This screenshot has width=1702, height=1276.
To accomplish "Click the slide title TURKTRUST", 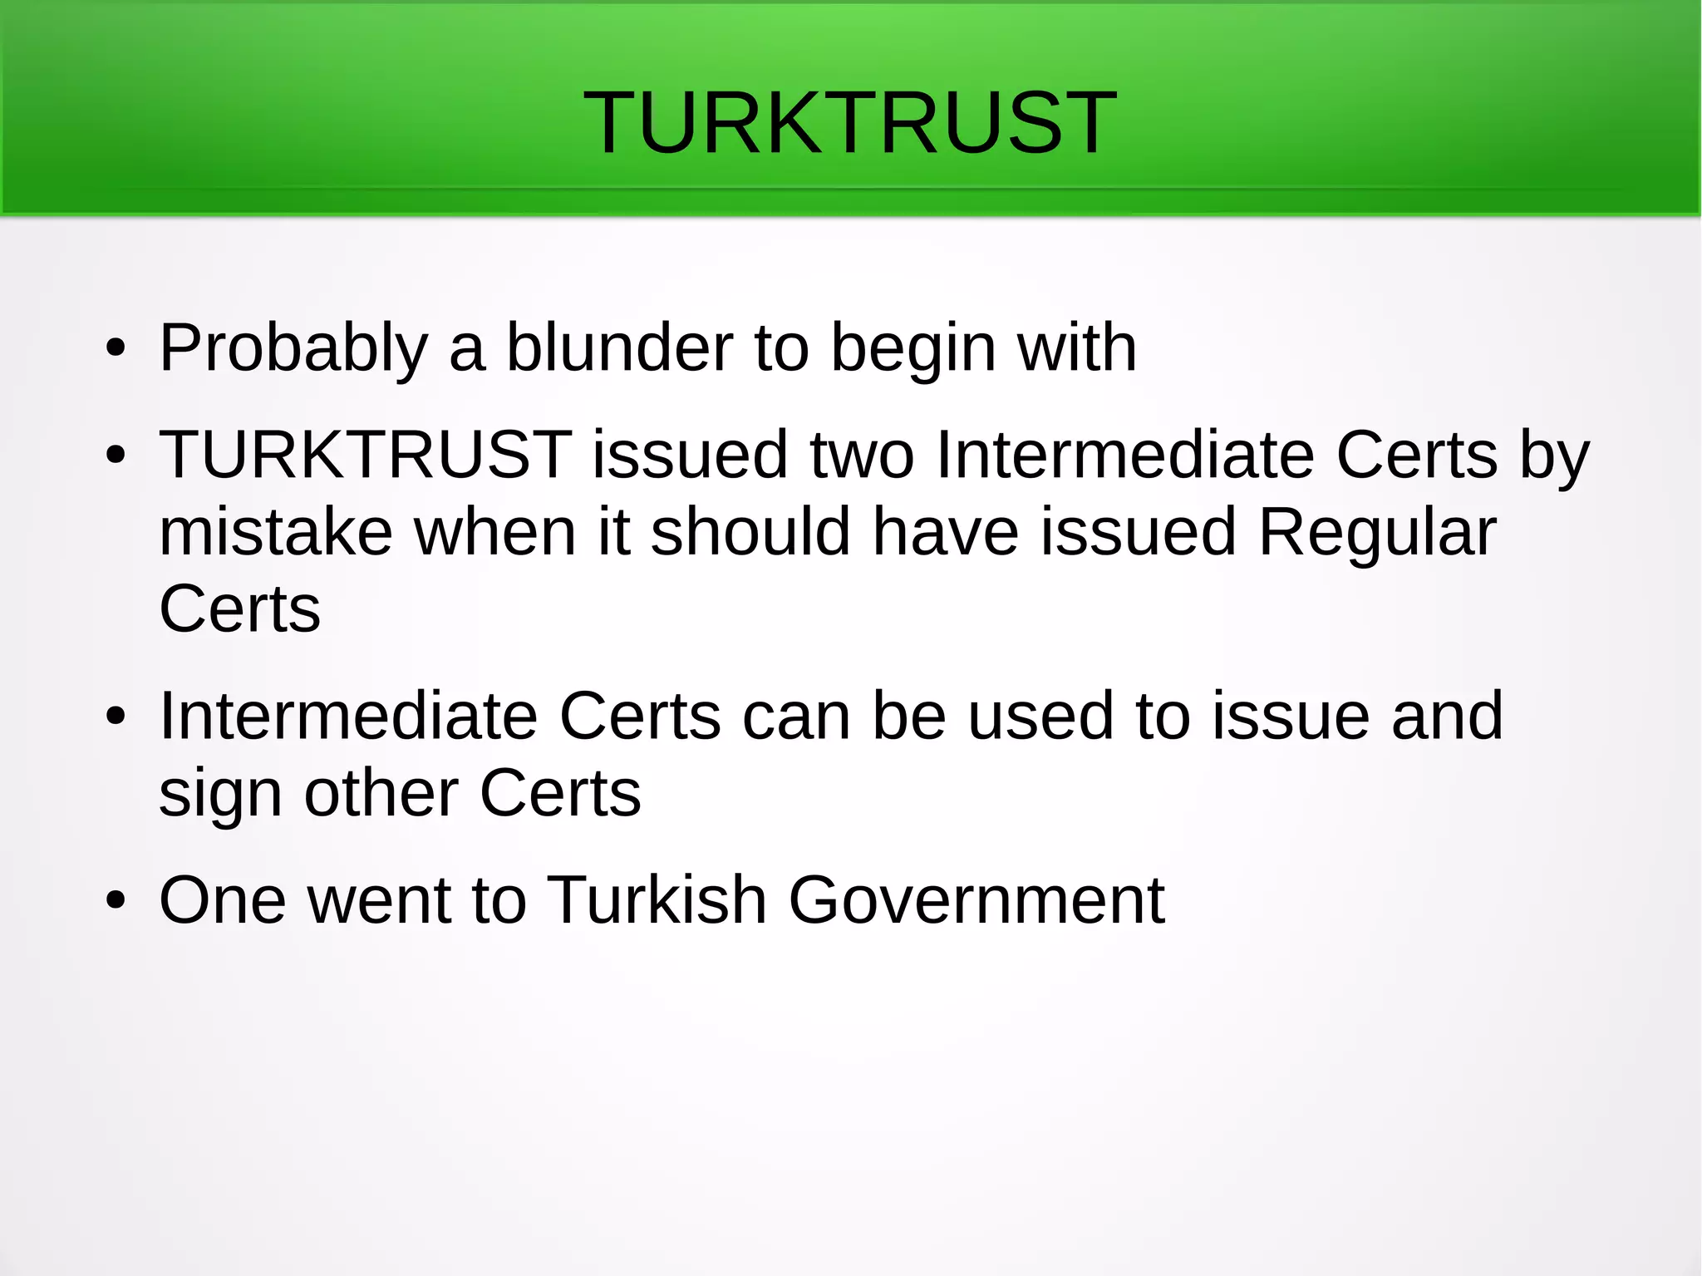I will tap(850, 123).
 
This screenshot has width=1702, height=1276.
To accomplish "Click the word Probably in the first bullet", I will tap(293, 347).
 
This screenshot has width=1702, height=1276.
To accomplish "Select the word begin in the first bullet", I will tap(913, 349).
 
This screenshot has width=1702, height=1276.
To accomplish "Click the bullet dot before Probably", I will tap(116, 349).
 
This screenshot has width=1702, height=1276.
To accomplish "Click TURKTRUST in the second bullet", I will tap(365, 455).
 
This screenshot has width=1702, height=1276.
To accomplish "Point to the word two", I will tap(862, 456).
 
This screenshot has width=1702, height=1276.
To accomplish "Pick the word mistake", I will tap(275, 532).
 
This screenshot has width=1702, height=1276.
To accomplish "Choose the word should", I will tap(750, 532).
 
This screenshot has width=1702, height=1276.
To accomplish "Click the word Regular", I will tap(1377, 532).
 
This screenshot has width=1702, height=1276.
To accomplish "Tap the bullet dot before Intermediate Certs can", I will tap(116, 717).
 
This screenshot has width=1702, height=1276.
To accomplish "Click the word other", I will tap(381, 793).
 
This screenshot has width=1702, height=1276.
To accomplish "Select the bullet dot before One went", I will tap(116, 901).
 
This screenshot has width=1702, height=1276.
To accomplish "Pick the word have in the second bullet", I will tap(945, 532).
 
